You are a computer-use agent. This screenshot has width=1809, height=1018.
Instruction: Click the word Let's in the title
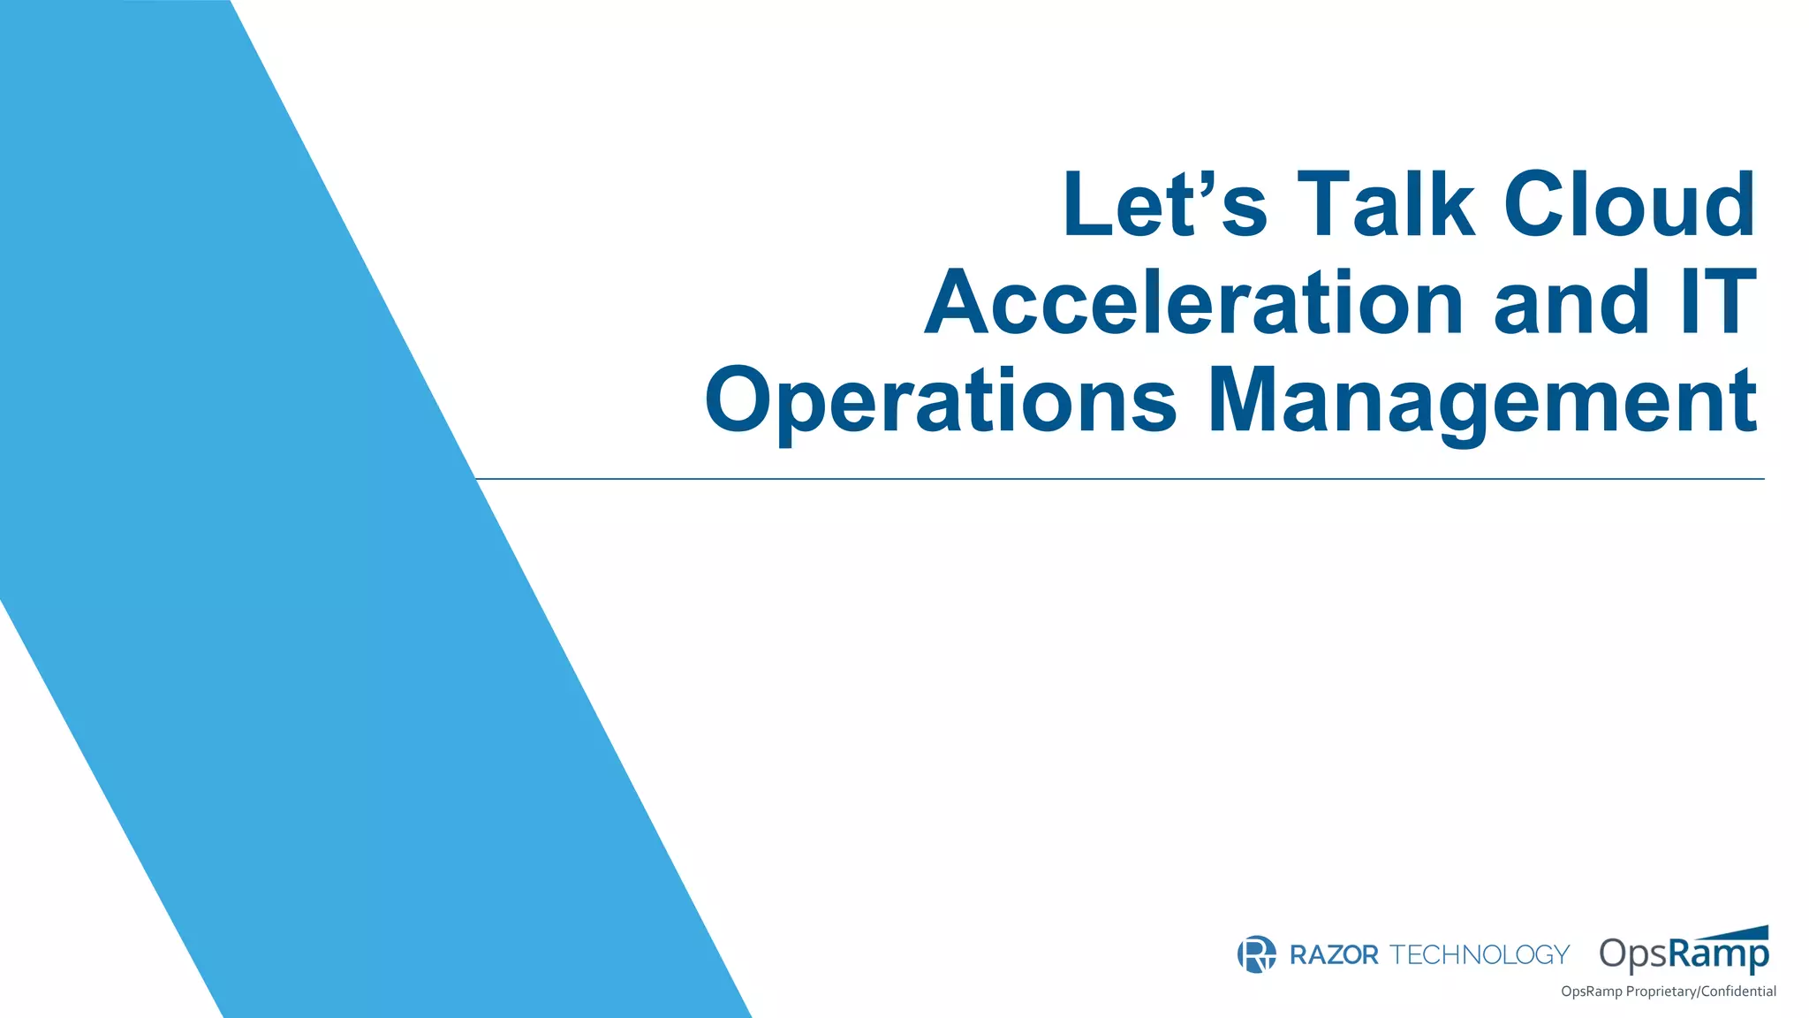point(1164,205)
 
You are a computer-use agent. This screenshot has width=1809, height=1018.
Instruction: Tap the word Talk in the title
point(1385,205)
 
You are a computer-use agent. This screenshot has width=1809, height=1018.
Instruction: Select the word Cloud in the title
point(1630,205)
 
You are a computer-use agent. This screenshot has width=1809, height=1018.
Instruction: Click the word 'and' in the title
point(1571,303)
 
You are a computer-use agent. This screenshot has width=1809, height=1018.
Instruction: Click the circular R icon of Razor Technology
point(1256,954)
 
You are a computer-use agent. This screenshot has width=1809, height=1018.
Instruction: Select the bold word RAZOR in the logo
point(1334,955)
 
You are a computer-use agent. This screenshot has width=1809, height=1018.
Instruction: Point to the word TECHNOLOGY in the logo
point(1480,955)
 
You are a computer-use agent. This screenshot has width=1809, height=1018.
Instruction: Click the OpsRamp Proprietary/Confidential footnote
point(1668,991)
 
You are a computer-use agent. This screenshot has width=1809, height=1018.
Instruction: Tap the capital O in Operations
point(738,399)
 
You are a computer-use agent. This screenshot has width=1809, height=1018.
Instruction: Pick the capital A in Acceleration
point(959,302)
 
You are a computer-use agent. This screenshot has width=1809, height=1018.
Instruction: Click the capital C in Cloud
point(1538,205)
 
